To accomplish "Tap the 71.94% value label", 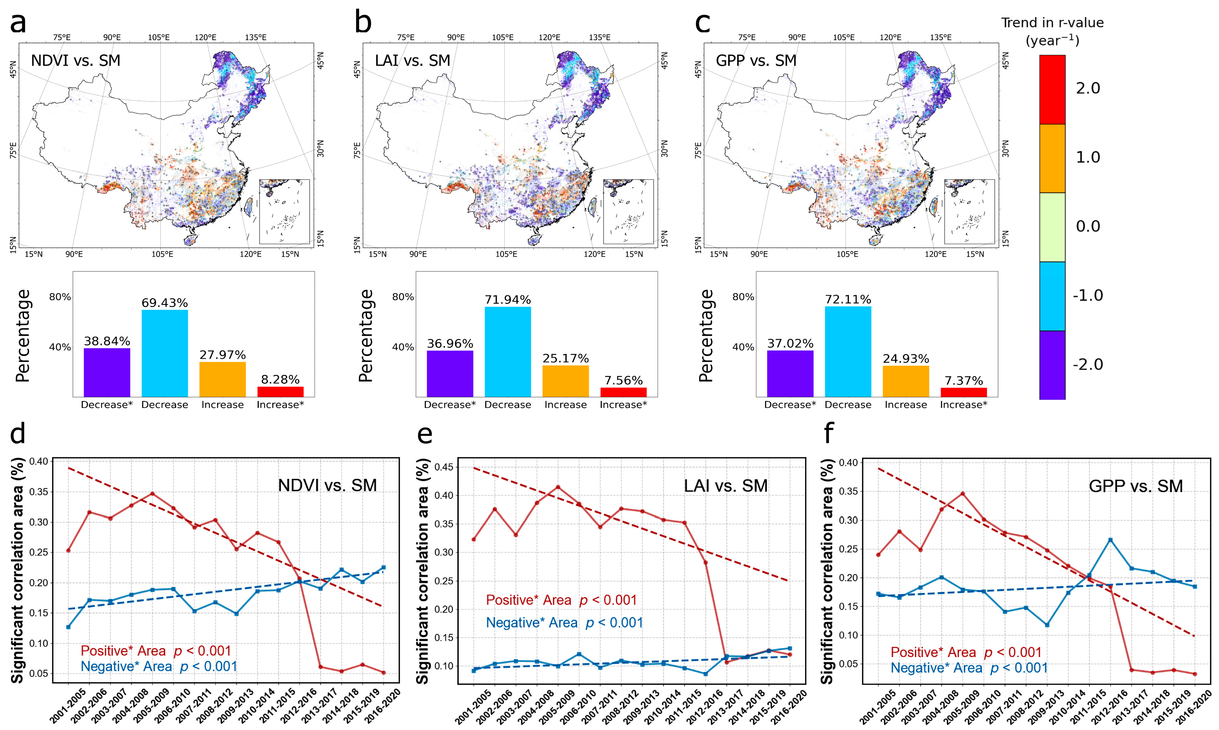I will (x=508, y=300).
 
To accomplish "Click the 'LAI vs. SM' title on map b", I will (x=412, y=60).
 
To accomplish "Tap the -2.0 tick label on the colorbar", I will (x=1088, y=365).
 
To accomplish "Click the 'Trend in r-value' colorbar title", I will (x=1052, y=23).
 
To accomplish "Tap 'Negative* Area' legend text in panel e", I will (x=531, y=623).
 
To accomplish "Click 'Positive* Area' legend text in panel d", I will (x=123, y=651).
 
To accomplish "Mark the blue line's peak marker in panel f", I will (x=1110, y=540).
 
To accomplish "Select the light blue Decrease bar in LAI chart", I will (x=508, y=352).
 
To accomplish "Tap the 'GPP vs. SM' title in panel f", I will (x=1135, y=486).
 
